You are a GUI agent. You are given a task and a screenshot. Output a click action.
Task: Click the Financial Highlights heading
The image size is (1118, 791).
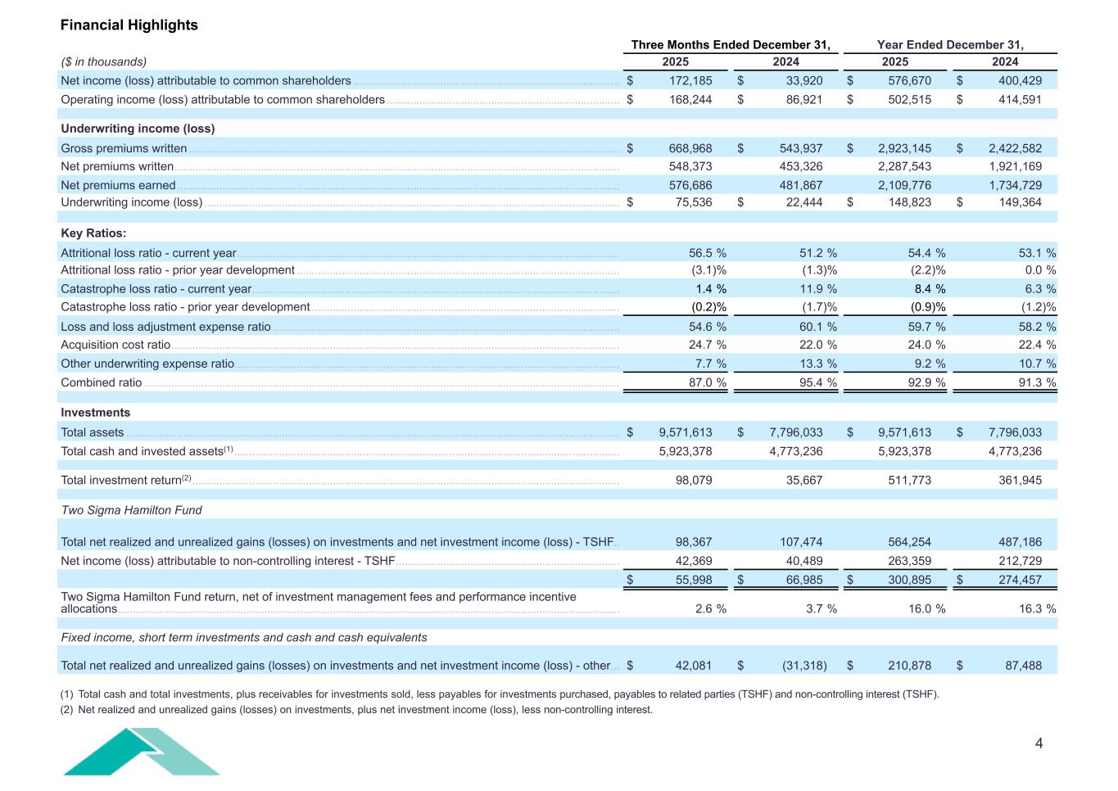129,25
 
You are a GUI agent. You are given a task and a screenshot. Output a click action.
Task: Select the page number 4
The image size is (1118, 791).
1039,744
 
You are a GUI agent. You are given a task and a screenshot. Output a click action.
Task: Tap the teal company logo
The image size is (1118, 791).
141,752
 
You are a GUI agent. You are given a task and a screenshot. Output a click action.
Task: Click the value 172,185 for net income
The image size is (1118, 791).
685,80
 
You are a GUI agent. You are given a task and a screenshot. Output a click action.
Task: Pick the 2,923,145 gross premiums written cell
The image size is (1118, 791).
904,148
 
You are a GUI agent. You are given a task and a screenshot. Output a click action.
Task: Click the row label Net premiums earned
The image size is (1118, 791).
118,185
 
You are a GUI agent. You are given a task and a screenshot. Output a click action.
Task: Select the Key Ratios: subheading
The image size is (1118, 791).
93,233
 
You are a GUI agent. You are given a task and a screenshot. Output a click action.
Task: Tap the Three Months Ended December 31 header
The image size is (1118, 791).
731,45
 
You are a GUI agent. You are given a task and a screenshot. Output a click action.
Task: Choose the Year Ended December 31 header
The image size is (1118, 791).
950,45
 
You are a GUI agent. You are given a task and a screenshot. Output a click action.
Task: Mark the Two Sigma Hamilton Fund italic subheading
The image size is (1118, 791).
131,510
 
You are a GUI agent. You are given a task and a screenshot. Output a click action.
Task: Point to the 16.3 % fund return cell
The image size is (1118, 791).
1037,608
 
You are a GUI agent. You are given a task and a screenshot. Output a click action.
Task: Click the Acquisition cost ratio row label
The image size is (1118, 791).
115,345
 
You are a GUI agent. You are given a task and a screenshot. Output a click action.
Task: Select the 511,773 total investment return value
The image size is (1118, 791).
909,480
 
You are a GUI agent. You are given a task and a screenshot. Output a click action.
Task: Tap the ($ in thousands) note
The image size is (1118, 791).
104,61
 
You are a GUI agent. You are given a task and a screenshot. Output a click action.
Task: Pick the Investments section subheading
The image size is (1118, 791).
95,413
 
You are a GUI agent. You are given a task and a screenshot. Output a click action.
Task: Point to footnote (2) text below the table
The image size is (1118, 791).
356,710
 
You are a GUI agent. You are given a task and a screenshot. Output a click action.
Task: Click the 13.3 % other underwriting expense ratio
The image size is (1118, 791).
816,364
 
